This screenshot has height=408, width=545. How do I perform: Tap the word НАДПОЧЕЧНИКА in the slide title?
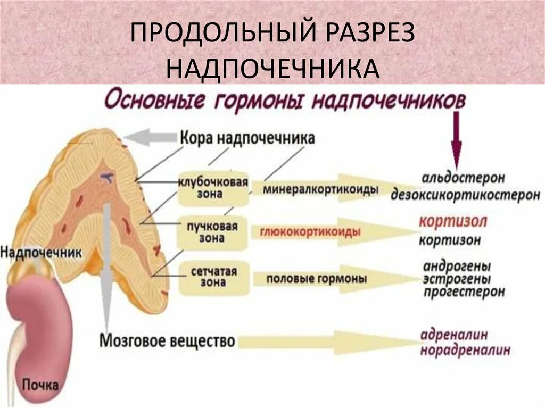[x=272, y=69]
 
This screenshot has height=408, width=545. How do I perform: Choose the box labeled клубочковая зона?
[x=213, y=189]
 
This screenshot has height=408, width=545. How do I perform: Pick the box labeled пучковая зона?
[x=213, y=232]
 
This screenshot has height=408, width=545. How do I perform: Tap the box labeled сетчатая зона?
[x=213, y=278]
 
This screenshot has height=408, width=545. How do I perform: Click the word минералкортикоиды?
[x=321, y=189]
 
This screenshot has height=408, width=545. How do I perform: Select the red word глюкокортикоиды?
[x=310, y=232]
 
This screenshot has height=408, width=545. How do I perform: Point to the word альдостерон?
[x=462, y=177]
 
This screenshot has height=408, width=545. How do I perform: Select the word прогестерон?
[x=464, y=292]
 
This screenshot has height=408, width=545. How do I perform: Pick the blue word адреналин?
[x=454, y=335]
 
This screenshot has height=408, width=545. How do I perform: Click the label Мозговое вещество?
[x=167, y=340]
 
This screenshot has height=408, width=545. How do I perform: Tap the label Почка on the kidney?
[x=40, y=384]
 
